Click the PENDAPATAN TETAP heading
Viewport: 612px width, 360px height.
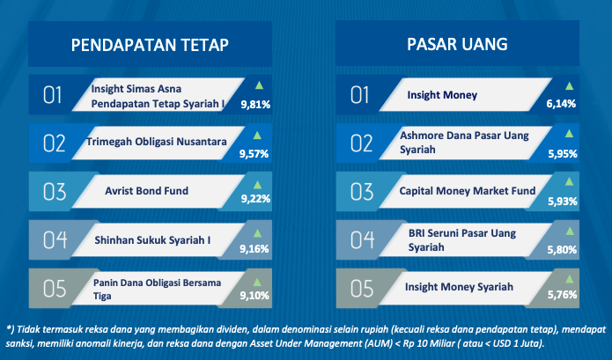(150, 45)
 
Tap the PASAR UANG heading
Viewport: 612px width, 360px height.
(457, 44)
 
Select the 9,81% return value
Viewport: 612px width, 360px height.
(255, 105)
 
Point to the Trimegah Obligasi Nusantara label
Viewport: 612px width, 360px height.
(156, 142)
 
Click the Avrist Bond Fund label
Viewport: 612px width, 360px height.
(147, 191)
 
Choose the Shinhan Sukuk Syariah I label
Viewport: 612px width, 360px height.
(152, 240)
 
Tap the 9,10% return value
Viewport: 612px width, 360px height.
(254, 296)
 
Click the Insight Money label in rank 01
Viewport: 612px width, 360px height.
(442, 95)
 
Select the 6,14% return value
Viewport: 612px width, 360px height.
(561, 104)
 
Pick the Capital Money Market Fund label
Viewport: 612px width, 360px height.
(468, 191)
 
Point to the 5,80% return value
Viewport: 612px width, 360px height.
(562, 250)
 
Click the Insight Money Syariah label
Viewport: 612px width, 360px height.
(459, 287)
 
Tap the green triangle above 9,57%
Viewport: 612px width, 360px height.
(257, 136)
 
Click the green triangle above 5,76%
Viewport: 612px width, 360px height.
(570, 279)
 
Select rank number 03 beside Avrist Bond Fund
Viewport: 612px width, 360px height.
(55, 192)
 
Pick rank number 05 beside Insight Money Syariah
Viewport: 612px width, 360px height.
(361, 289)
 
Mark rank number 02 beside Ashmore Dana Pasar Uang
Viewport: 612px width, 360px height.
(361, 143)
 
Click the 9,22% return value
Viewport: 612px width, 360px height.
(255, 199)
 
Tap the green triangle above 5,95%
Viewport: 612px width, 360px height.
(570, 134)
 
